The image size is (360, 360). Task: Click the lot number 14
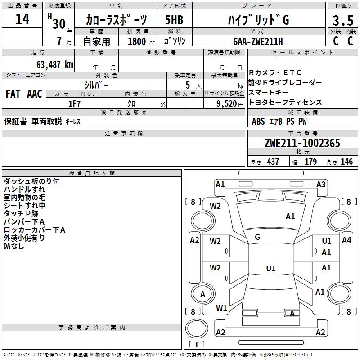[x=22, y=19]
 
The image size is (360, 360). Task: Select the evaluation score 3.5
[x=342, y=21]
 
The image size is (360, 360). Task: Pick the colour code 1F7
[x=74, y=104]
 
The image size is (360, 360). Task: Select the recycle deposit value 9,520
[x=226, y=104]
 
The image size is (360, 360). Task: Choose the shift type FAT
[x=13, y=94]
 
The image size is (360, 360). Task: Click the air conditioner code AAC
[x=35, y=94]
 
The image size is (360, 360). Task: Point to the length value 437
[x=272, y=162]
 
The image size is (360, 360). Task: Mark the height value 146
[x=346, y=162]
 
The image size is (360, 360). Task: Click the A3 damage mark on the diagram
[x=321, y=184]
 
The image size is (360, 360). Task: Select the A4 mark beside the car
[x=346, y=240]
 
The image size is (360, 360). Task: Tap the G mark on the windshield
[x=257, y=237]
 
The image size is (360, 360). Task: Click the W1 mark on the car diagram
[x=221, y=308]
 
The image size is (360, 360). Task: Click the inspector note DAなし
[x=13, y=246]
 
